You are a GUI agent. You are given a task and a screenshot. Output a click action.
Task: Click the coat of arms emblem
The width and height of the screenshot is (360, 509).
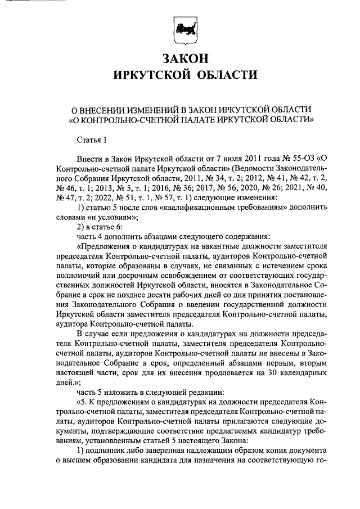pyautogui.click(x=185, y=31)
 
